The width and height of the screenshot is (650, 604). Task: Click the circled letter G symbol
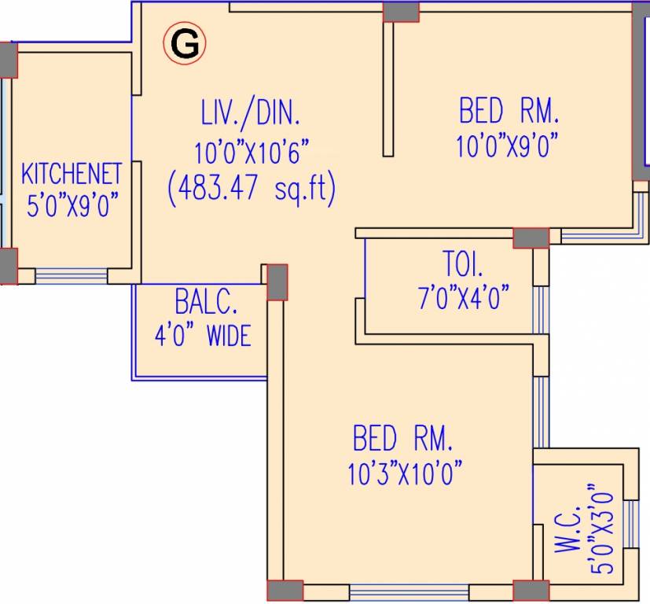185,45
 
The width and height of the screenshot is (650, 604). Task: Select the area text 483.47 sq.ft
252,189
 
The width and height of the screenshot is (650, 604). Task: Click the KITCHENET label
72,173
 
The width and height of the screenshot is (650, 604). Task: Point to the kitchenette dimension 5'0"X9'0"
72,206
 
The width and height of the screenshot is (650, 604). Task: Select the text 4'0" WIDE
203,336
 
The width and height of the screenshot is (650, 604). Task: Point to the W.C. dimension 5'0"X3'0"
601,532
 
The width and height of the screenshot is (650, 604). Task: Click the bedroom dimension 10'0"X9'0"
507,146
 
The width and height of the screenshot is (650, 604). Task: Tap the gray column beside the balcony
277,282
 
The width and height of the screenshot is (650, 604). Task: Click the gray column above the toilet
531,238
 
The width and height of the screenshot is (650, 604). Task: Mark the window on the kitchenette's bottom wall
72,275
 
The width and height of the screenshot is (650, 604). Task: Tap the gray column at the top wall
401,11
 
